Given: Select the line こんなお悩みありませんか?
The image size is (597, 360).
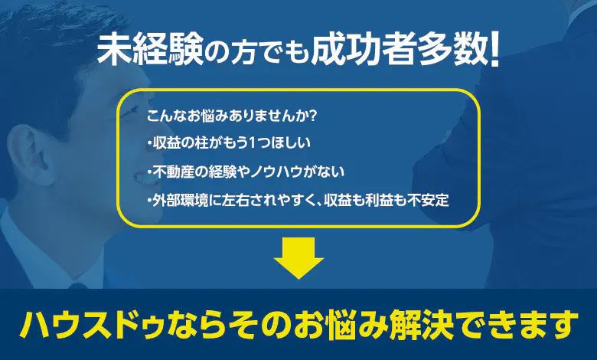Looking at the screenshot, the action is tap(232, 116).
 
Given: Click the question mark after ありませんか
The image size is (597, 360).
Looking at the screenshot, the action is tap(312, 116).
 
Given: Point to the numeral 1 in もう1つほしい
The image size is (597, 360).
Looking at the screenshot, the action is tap(252, 143).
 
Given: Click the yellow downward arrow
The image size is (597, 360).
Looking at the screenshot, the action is tap(298, 257).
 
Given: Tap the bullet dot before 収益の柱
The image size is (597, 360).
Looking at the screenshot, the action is tap(149, 144).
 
